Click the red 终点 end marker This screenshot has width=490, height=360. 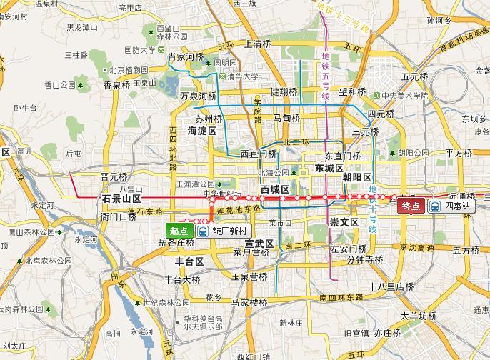pos(410,206)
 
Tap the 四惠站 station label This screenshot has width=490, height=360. pos(457,206)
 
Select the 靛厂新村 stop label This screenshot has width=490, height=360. pos(229,231)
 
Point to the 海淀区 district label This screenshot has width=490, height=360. pos(201,131)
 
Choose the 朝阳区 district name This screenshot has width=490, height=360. pos(356,177)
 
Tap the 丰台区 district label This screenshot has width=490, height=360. pos(184,262)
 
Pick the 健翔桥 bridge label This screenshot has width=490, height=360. pos(284,91)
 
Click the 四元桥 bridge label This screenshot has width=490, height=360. pos(381,114)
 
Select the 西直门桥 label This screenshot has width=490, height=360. pos(258,154)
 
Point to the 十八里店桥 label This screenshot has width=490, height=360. pos(391,286)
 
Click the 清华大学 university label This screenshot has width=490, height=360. pos(243,76)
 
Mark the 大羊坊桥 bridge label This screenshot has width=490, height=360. pos(418,315)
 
